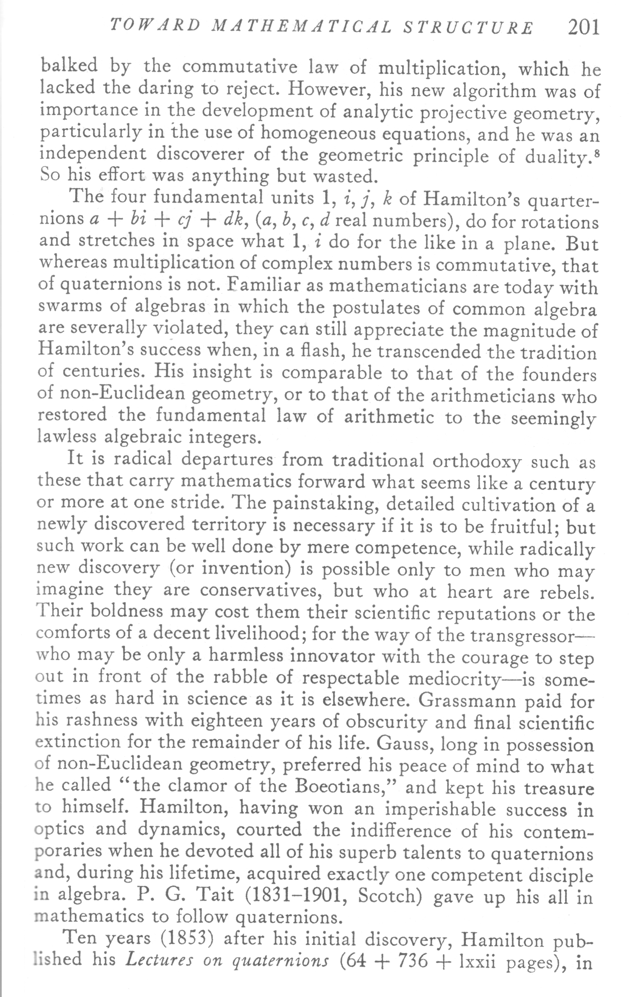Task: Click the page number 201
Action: (584, 28)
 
